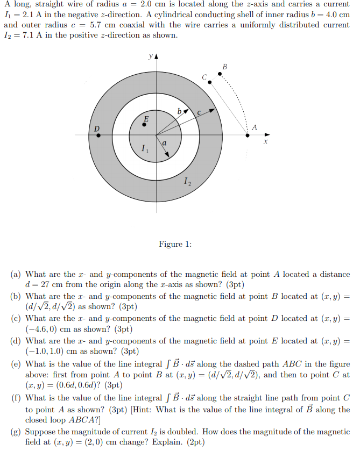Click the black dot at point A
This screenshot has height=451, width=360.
point(247,135)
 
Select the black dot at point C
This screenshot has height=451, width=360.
point(210,82)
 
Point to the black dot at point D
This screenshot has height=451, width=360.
point(98,135)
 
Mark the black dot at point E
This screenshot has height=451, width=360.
point(144,124)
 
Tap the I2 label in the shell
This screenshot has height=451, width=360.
point(187,183)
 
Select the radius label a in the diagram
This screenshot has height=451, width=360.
point(164,143)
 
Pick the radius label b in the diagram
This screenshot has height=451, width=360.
point(179,111)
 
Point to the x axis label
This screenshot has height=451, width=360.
point(265,143)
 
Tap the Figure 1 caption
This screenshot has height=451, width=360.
point(175,244)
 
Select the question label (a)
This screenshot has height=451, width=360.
point(16,274)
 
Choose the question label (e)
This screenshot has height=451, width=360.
point(16,364)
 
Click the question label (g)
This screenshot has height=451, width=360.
point(16,431)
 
